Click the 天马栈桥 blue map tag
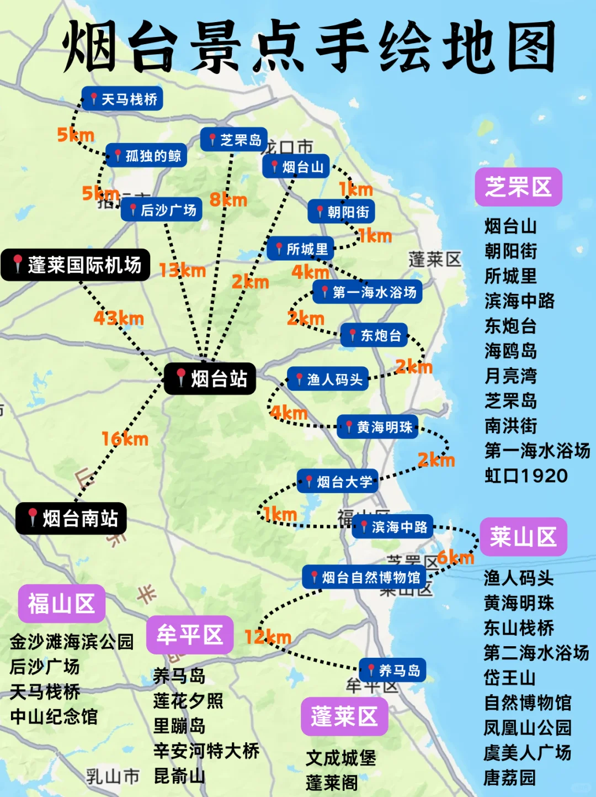pos(123,99)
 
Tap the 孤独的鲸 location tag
pos(146,156)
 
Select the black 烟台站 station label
pos(210,378)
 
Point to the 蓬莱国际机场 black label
pos(76,265)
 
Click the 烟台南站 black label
pos(72,518)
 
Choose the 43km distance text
pos(119,318)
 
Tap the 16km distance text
pos(125,439)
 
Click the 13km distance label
pos(182,270)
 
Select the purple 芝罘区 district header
pos(518,187)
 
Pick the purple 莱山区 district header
pos(523,537)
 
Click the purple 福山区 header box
pos(61,604)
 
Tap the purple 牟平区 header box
pos(190,635)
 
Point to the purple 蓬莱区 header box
pos(344,716)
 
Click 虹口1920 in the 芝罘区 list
pos(526,476)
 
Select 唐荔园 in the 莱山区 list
pos(509,778)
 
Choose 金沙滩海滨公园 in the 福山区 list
pos(72,641)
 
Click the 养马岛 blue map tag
pos(392,671)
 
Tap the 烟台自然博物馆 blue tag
pos(364,578)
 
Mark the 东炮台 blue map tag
pos(374,335)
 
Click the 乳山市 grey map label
pos(113,776)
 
